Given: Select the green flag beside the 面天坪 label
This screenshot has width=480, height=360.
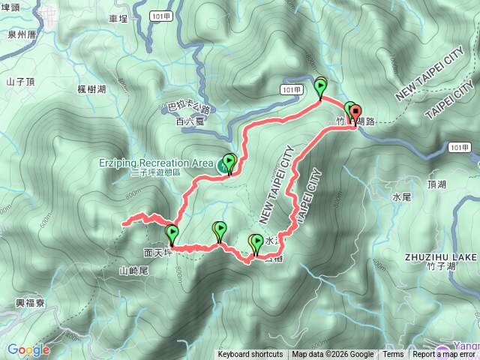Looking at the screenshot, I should pos(172,234).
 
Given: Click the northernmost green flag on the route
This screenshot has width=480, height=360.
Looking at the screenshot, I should pos(321,87).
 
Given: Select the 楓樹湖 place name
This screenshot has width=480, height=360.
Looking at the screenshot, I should pos(91,89).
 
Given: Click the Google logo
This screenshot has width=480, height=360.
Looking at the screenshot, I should pos(28,349).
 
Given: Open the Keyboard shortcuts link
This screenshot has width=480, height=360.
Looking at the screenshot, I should pos(250,355).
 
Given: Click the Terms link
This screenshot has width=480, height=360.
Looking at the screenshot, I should pos(392,355).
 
